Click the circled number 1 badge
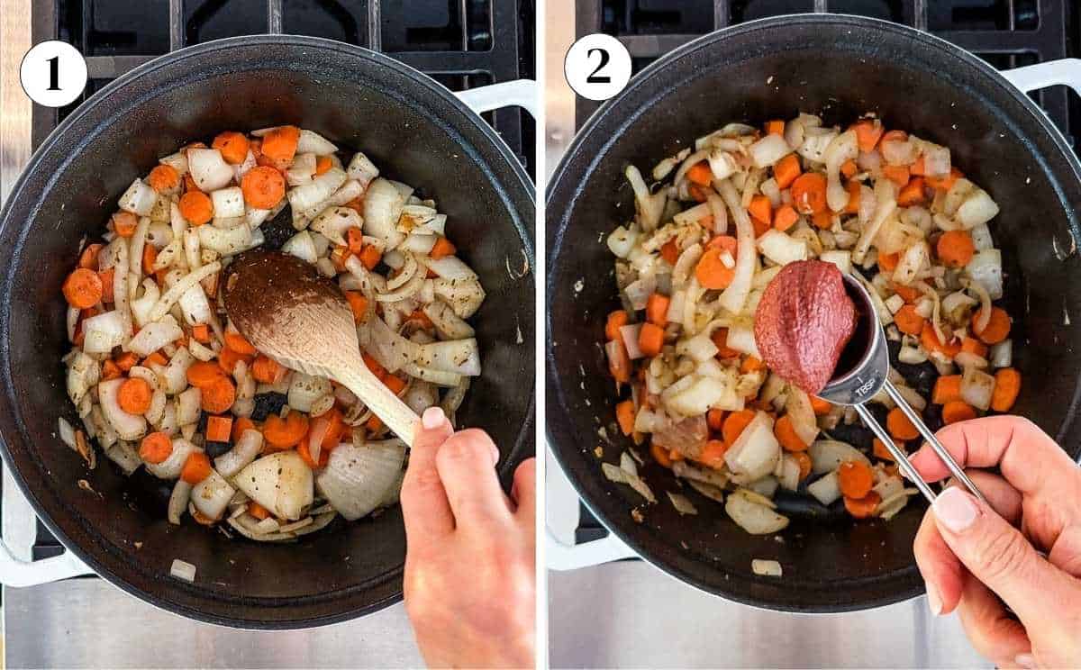pyautogui.click(x=53, y=74)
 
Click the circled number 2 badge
pyautogui.click(x=597, y=67)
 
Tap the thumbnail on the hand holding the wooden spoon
pyautogui.click(x=434, y=418)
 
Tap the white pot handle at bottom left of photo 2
pyautogui.click(x=577, y=549)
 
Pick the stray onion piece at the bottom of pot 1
pyautogui.click(x=183, y=569)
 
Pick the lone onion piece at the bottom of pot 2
pyautogui.click(x=766, y=567)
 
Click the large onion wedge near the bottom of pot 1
pyautogui.click(x=360, y=477)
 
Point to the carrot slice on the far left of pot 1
pyautogui.click(x=82, y=288)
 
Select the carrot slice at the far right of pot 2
pyautogui.click(x=1005, y=389)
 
